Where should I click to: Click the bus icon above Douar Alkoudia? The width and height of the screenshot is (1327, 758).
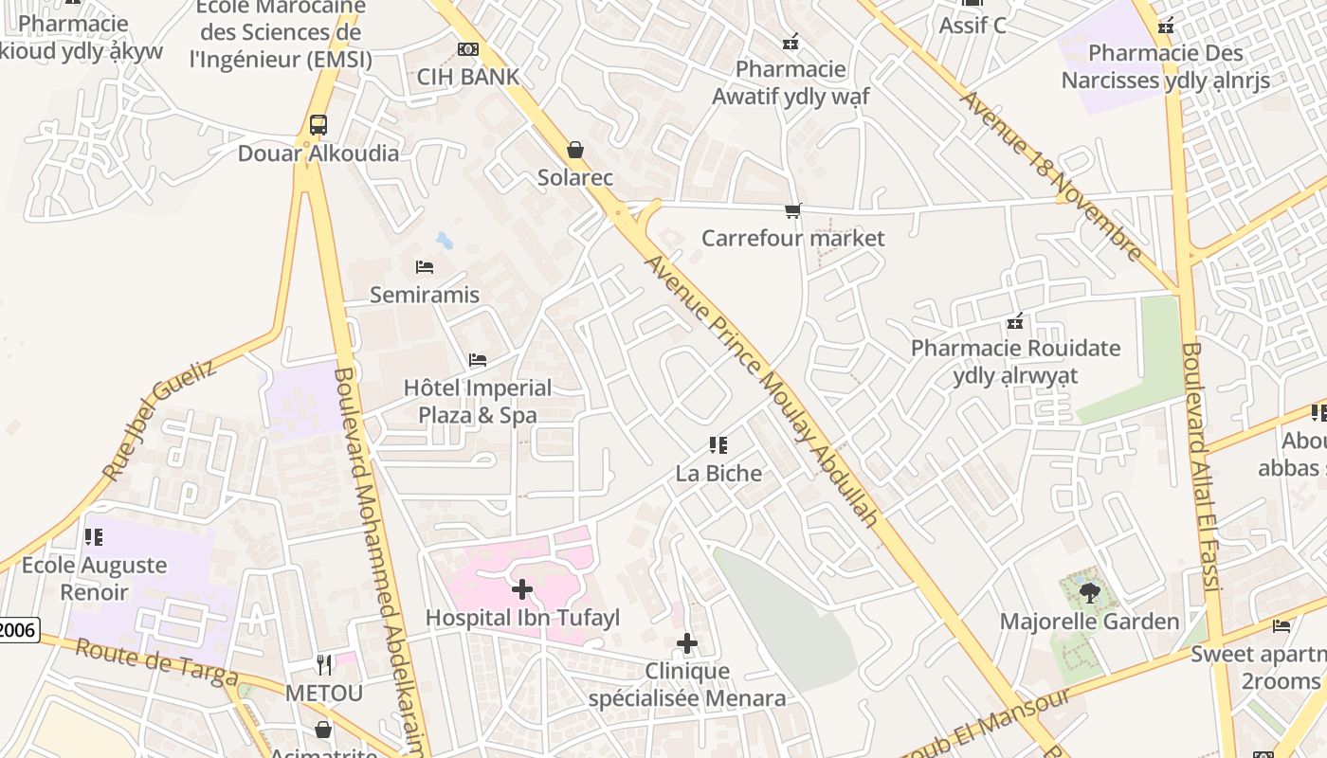coord(318,124)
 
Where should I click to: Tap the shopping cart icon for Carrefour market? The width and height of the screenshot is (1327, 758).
coord(792,210)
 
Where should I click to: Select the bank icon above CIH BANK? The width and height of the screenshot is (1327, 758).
coord(467,48)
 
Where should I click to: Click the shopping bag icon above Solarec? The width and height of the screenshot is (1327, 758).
coord(574,150)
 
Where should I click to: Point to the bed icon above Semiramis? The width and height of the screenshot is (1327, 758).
coord(425,267)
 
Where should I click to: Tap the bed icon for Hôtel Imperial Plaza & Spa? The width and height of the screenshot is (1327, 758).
coord(478,360)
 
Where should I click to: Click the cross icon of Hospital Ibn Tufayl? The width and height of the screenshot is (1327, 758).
coord(521,590)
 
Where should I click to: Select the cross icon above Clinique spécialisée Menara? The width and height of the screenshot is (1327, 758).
coord(686,644)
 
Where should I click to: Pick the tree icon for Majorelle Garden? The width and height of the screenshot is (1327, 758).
coord(1089,593)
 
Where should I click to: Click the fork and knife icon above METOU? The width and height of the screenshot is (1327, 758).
coord(324,665)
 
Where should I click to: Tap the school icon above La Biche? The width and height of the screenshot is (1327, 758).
coord(718,445)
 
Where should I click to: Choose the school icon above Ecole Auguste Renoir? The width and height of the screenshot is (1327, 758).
coord(94,537)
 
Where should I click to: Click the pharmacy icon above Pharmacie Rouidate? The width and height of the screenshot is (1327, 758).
coord(1015,321)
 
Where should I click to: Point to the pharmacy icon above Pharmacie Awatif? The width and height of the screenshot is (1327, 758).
coord(790,42)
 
